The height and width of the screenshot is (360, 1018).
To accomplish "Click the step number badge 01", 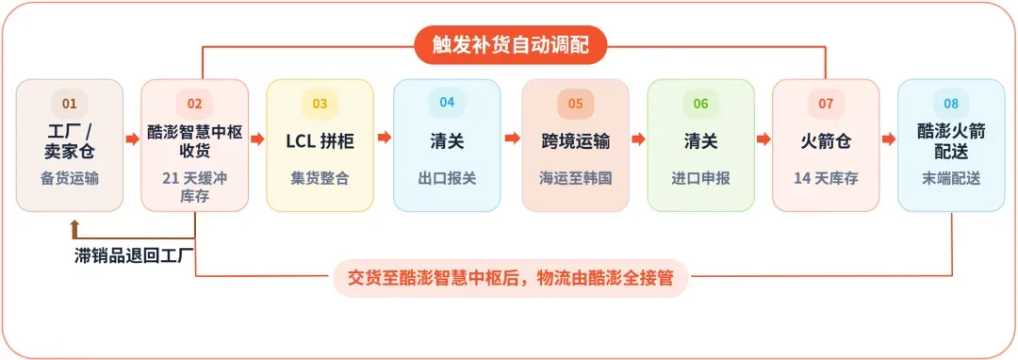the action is (70, 104).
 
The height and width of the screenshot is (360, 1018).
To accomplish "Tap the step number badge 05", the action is (576, 104).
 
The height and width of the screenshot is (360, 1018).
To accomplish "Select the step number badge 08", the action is (951, 104).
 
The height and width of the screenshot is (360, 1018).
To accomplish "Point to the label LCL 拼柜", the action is (320, 141).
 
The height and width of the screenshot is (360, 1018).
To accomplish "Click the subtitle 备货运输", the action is (70, 178).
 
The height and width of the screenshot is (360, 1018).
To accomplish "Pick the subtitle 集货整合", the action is (320, 178).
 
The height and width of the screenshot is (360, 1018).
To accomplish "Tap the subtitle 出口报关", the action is (447, 178).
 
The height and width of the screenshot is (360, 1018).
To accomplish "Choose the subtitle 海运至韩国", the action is (576, 178).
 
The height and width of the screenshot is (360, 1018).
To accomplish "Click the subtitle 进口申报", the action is (700, 178).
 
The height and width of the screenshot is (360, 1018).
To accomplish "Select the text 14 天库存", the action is (826, 178).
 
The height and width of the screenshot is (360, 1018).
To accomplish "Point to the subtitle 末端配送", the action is (951, 178).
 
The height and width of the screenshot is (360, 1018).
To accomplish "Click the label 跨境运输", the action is (576, 141).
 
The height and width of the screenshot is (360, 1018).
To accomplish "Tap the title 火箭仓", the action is (826, 141).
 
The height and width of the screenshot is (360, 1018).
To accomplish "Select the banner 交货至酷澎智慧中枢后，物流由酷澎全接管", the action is (510, 278).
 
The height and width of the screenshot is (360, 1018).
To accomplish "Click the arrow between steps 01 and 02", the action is (133, 139).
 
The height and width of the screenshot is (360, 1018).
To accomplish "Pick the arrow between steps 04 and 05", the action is (512, 139).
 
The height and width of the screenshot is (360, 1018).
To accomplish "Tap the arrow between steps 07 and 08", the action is (889, 139).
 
